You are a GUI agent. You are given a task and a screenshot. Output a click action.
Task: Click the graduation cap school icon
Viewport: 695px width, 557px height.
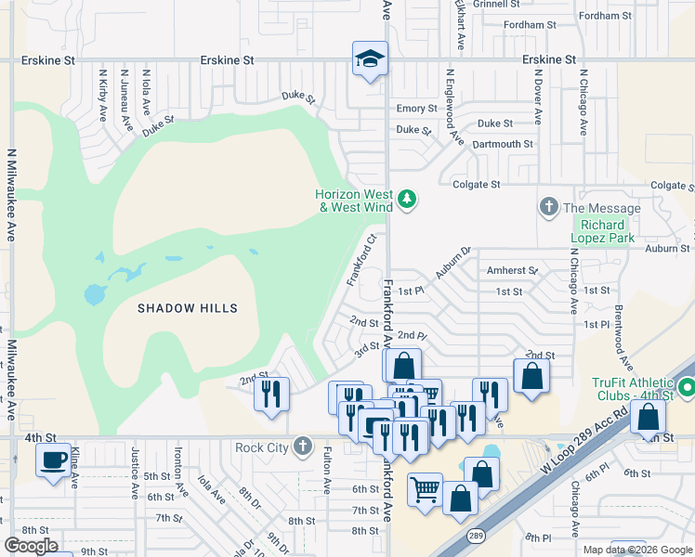pyautogui.click(x=369, y=59)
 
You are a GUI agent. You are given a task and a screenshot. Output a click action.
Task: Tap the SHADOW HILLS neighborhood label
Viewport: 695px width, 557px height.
pyautogui.click(x=188, y=308)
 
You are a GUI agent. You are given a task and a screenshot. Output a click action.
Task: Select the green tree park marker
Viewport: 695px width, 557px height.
pyautogui.click(x=406, y=200)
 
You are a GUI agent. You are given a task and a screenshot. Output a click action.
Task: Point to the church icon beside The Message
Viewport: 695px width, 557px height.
pyautogui.click(x=549, y=207)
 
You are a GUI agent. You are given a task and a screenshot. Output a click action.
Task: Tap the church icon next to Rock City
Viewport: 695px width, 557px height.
pyautogui.click(x=302, y=447)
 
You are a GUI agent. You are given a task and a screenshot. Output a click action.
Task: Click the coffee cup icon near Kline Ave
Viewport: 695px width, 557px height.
pyautogui.click(x=54, y=460)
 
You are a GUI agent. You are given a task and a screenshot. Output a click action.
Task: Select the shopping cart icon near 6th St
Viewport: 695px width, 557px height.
pyautogui.click(x=425, y=488)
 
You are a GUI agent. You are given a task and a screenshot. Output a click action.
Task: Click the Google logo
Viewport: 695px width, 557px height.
pyautogui.click(x=31, y=545)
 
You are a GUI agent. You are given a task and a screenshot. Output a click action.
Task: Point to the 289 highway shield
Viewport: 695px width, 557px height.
pyautogui.click(x=476, y=536)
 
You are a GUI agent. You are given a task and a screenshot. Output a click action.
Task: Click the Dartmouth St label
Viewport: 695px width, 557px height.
pyautogui.click(x=503, y=144)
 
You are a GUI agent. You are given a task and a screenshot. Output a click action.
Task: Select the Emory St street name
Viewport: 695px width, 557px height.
pyautogui.click(x=416, y=109)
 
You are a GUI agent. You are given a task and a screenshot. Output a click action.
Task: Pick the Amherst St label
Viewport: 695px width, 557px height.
pyautogui.click(x=513, y=270)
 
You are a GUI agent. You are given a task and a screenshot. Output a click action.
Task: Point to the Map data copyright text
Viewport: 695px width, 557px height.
pyautogui.click(x=637, y=550)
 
